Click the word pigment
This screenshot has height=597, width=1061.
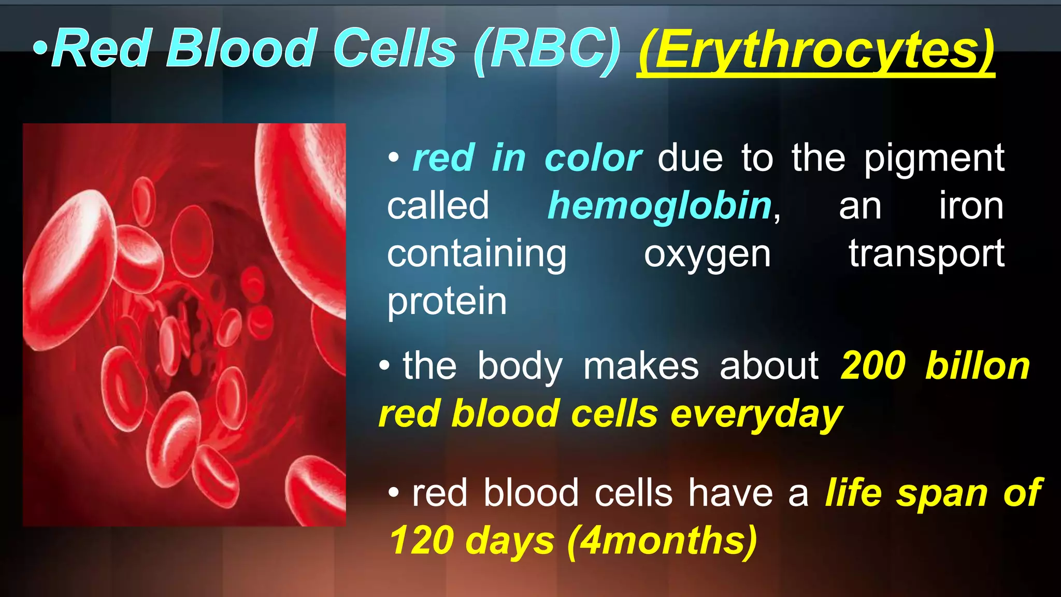click(x=934, y=159)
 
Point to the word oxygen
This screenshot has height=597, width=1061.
click(x=707, y=255)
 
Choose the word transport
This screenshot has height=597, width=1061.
click(x=926, y=255)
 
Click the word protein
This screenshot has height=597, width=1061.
click(x=447, y=302)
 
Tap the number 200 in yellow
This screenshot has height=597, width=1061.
click(x=873, y=366)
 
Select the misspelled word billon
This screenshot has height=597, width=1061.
click(x=977, y=366)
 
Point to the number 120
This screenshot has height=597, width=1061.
click(x=421, y=541)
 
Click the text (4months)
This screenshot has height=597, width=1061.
click(x=662, y=541)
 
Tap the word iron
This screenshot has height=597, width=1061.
click(x=971, y=206)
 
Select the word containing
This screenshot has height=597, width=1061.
click(x=477, y=255)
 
